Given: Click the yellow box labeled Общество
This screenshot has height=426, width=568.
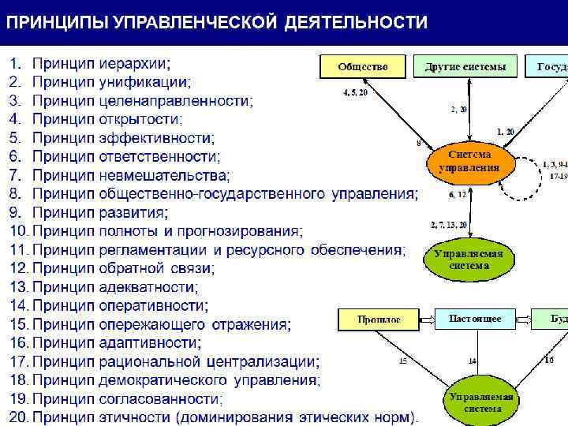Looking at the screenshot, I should tap(363, 67).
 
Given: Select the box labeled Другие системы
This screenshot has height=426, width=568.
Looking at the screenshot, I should tap(465, 67).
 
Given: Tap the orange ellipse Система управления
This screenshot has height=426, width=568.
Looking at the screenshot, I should tap(469, 161).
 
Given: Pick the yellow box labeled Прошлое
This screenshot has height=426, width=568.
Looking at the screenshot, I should tap(379, 319).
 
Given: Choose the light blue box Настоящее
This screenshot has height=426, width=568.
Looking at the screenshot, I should tap(475, 319).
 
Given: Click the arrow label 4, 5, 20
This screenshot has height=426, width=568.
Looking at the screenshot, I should tap(355, 92).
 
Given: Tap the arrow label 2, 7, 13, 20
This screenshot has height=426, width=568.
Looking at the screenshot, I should tap(448, 226).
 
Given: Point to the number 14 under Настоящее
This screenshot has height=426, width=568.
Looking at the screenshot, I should tap(472, 361).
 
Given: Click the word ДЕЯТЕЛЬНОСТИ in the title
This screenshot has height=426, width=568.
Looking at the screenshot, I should tap(356, 22).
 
